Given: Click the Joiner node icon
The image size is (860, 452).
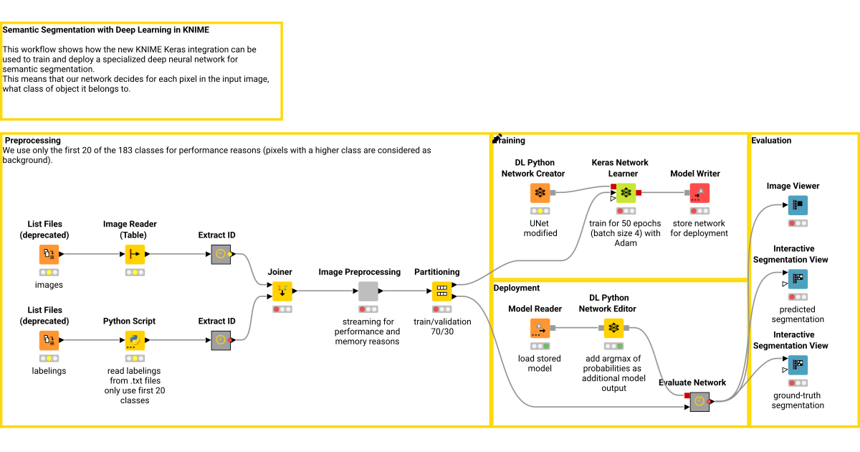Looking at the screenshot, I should point(282,291).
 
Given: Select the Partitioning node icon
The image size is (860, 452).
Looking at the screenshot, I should point(441,291).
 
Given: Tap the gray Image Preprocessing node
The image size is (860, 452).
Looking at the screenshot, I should point(368,291).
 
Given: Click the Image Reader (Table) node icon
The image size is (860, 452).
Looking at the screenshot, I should point(135,255).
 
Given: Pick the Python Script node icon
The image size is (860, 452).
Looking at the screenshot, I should point(135,340).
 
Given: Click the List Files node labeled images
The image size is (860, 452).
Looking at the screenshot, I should point(49,255).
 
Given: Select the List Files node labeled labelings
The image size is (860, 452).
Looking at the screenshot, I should point(49,340).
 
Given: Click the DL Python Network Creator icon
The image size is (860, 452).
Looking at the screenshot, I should point(540,193).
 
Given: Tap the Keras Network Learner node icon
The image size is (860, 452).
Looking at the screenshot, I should point(626,193).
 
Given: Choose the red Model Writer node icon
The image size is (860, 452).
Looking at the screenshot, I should point(699,193).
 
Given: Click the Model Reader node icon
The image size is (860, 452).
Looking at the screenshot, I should point(540,328).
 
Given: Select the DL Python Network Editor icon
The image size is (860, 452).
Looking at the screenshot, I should point(613,328).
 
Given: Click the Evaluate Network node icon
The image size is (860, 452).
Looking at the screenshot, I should point(699,402).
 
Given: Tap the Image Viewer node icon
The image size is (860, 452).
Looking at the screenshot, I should point(798,205).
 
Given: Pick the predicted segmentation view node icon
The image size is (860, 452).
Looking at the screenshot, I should point(798,279).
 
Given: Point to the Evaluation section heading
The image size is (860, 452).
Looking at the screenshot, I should point(771,141).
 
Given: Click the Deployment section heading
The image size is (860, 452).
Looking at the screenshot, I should point(516,288).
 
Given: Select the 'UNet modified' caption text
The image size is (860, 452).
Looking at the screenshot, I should point(540,228).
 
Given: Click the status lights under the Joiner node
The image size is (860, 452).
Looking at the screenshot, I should point(282,309).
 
